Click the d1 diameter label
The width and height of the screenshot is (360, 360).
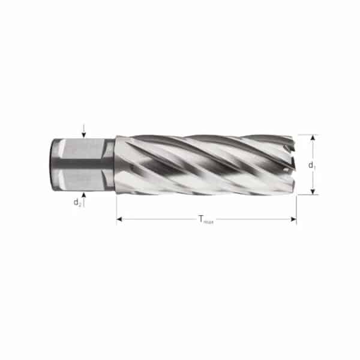311,164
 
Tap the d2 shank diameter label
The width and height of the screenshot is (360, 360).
77,202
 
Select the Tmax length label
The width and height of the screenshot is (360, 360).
206,220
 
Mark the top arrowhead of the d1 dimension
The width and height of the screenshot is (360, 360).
313,138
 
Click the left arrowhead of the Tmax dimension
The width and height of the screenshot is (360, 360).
120,220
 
